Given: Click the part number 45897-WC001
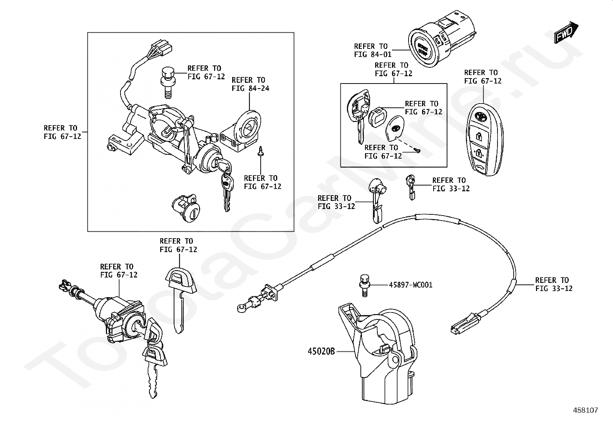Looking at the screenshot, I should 410,285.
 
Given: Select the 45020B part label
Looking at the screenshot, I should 321,351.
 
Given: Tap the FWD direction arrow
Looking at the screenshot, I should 566,32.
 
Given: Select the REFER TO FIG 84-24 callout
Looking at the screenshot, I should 250,84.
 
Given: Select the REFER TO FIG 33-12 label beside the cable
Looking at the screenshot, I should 553,284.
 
